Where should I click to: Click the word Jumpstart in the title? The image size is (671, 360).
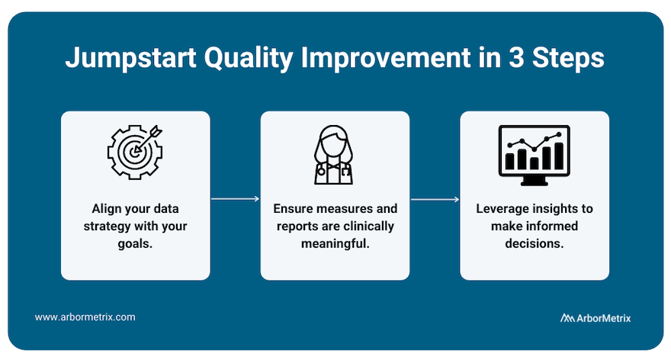131,58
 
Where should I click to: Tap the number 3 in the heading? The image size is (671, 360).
516,57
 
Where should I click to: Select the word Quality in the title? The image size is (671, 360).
249,58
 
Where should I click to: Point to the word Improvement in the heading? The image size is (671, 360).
386,57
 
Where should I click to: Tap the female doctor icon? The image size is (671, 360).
334,155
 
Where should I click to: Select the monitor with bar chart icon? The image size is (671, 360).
534,155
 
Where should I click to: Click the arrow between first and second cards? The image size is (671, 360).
235,198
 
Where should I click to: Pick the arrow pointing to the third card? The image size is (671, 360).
435,199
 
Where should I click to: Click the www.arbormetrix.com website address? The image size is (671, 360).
85,317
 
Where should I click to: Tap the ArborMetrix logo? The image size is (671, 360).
596,318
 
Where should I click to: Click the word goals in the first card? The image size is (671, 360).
134,244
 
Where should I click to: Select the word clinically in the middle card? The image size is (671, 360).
368,226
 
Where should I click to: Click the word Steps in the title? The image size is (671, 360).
568,58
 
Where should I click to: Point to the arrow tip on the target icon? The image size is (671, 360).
136,151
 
